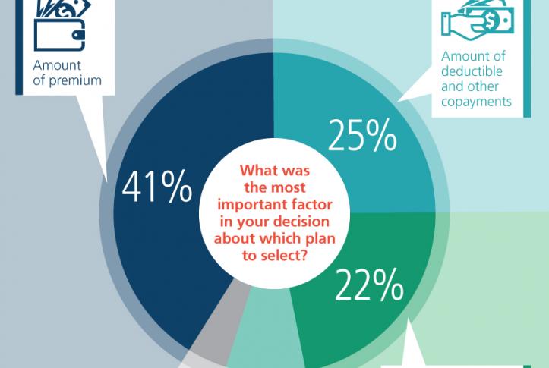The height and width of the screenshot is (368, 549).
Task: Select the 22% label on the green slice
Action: click(x=369, y=285)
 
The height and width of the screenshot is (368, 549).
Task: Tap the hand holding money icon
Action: click(x=478, y=18)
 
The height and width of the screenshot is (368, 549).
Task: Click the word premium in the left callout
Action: click(x=75, y=81)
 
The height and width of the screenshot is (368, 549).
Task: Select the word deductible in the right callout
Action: click(x=472, y=71)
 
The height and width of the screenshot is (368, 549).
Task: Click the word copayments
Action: click(x=476, y=102)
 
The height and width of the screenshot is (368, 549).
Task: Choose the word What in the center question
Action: click(x=257, y=171)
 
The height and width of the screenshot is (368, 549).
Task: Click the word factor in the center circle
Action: click(x=313, y=205)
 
